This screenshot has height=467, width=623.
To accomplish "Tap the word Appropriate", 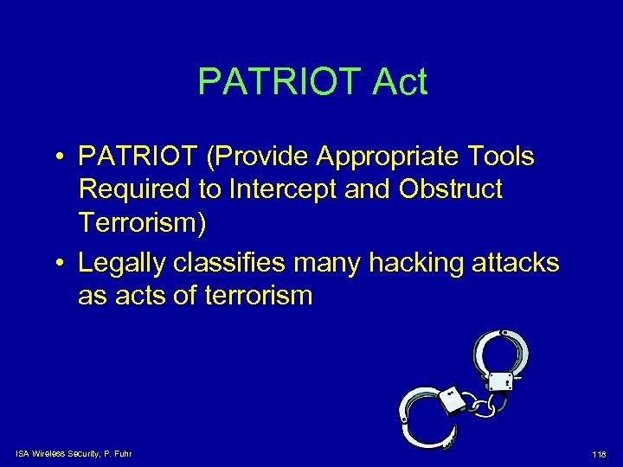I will point(394,158).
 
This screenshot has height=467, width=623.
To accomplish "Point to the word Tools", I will point(500,158).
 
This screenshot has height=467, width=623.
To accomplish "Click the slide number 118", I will point(599,454).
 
